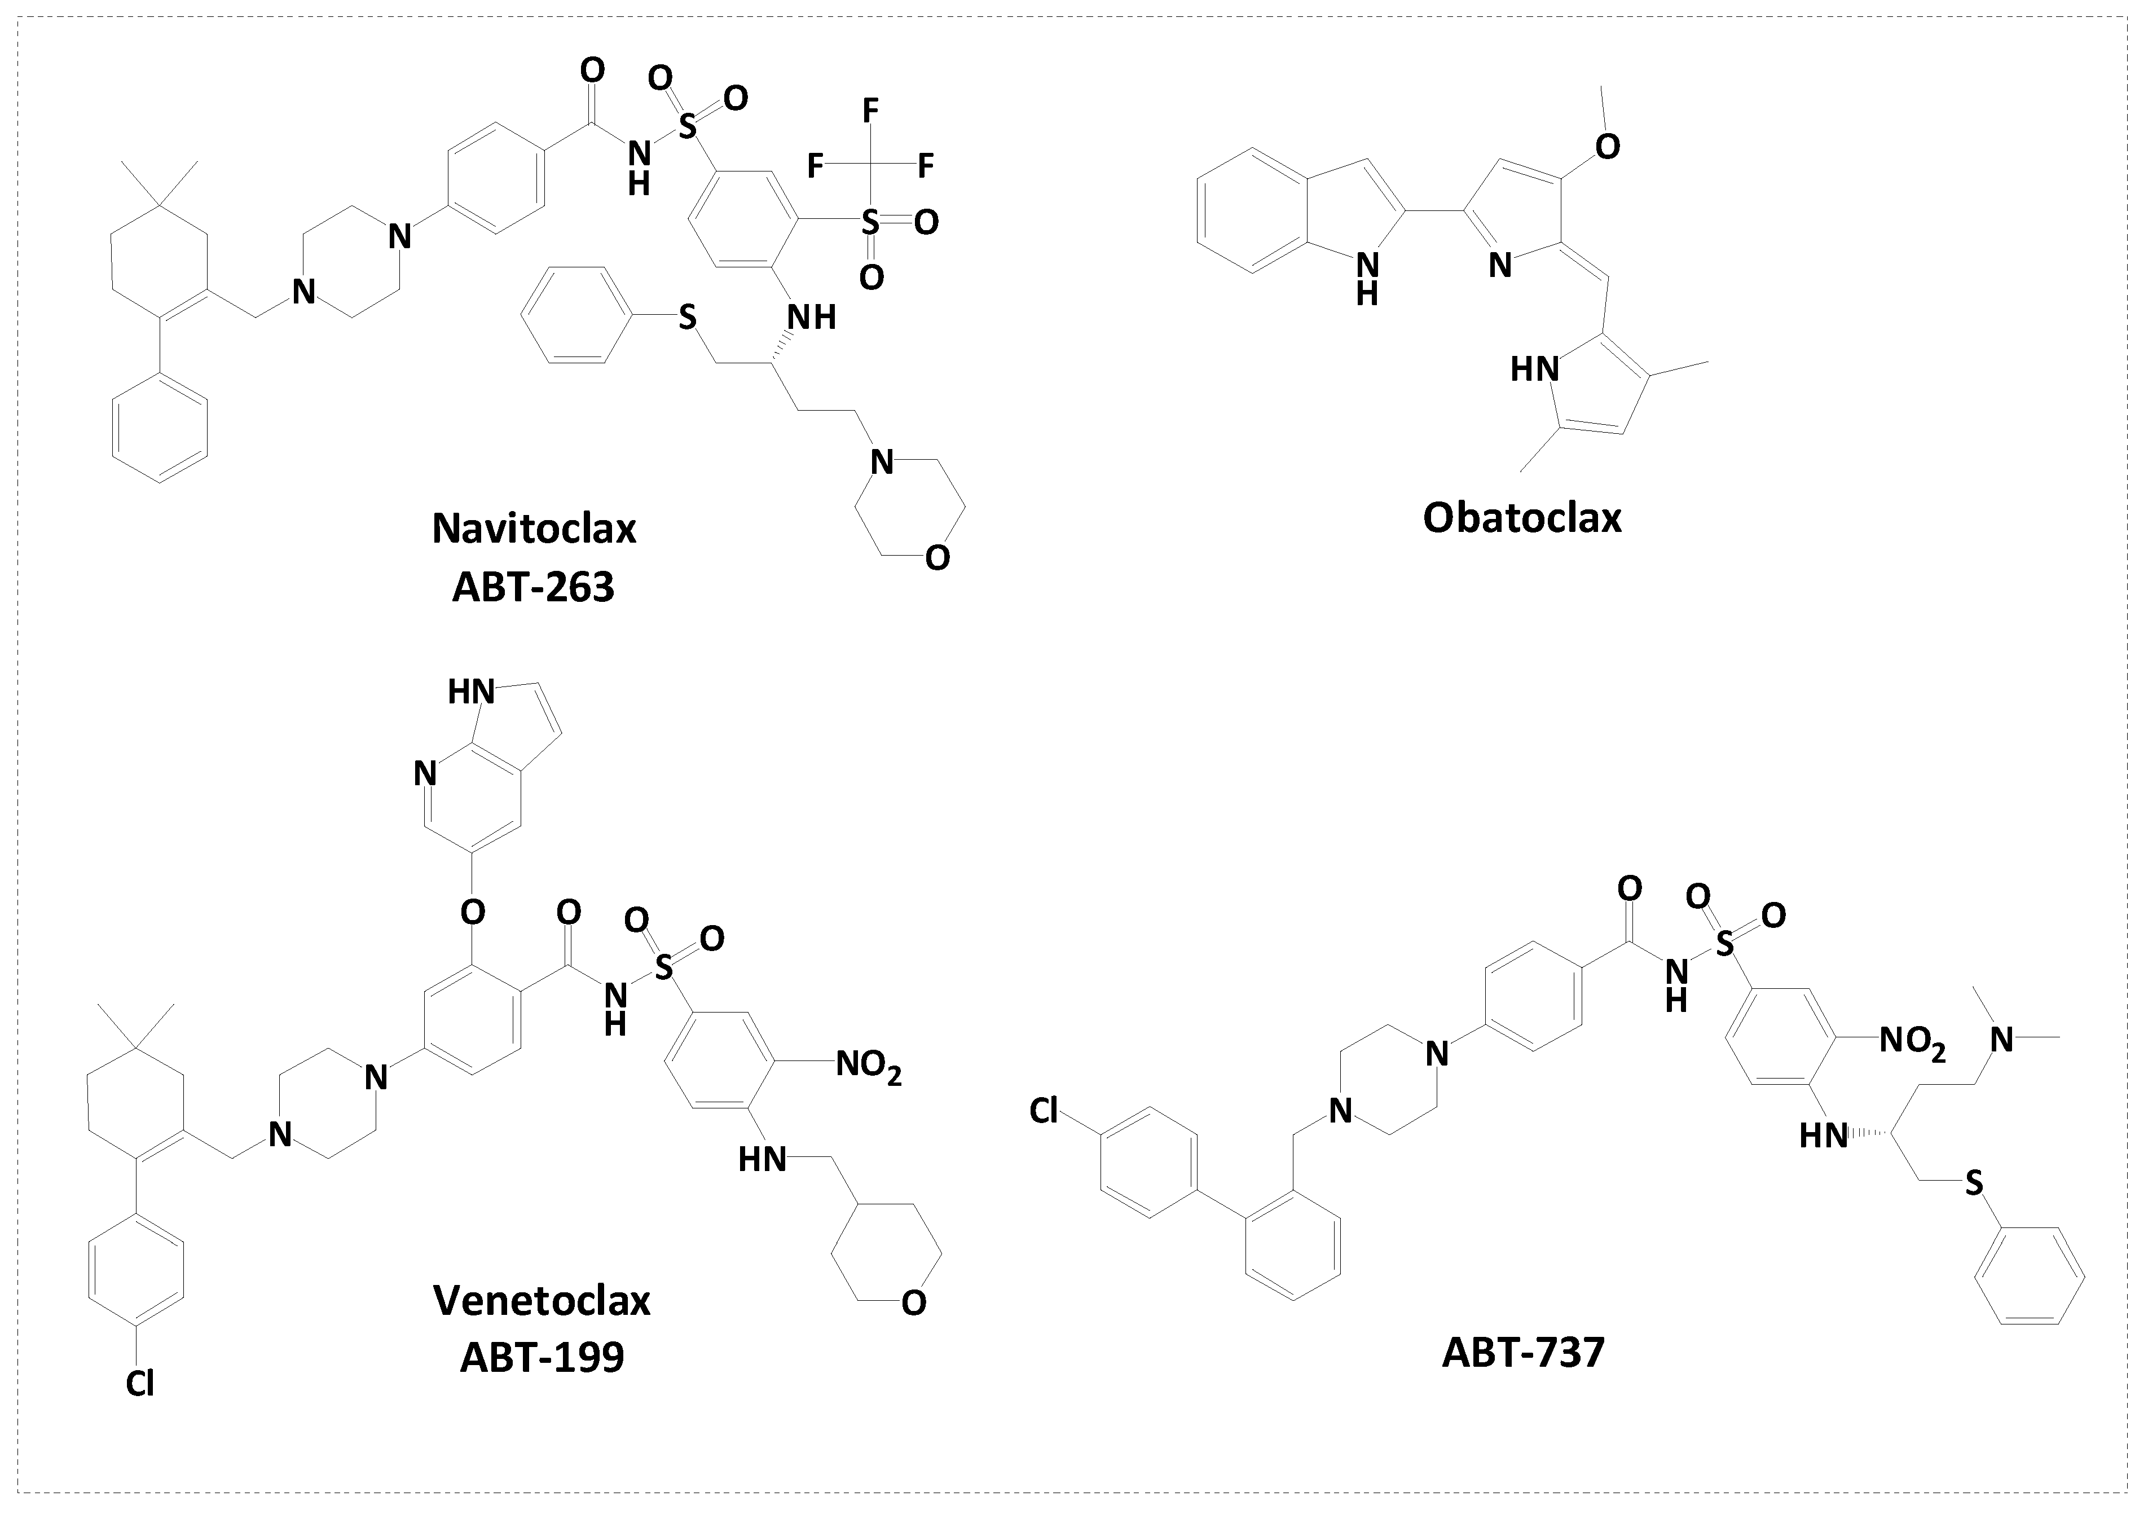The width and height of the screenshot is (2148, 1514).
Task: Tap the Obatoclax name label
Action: (x=1522, y=517)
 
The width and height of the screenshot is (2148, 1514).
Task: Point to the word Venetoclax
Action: (x=542, y=1301)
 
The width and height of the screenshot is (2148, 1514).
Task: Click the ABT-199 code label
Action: (x=542, y=1358)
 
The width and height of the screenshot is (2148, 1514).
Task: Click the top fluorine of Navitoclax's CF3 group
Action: (x=870, y=111)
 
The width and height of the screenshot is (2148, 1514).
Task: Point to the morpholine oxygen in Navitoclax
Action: (x=936, y=558)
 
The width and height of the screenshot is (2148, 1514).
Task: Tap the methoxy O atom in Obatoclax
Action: (x=1606, y=147)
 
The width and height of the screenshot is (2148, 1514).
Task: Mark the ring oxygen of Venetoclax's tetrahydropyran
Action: (x=913, y=1302)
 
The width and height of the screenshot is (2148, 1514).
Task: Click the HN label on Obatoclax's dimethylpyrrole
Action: (x=1534, y=369)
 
